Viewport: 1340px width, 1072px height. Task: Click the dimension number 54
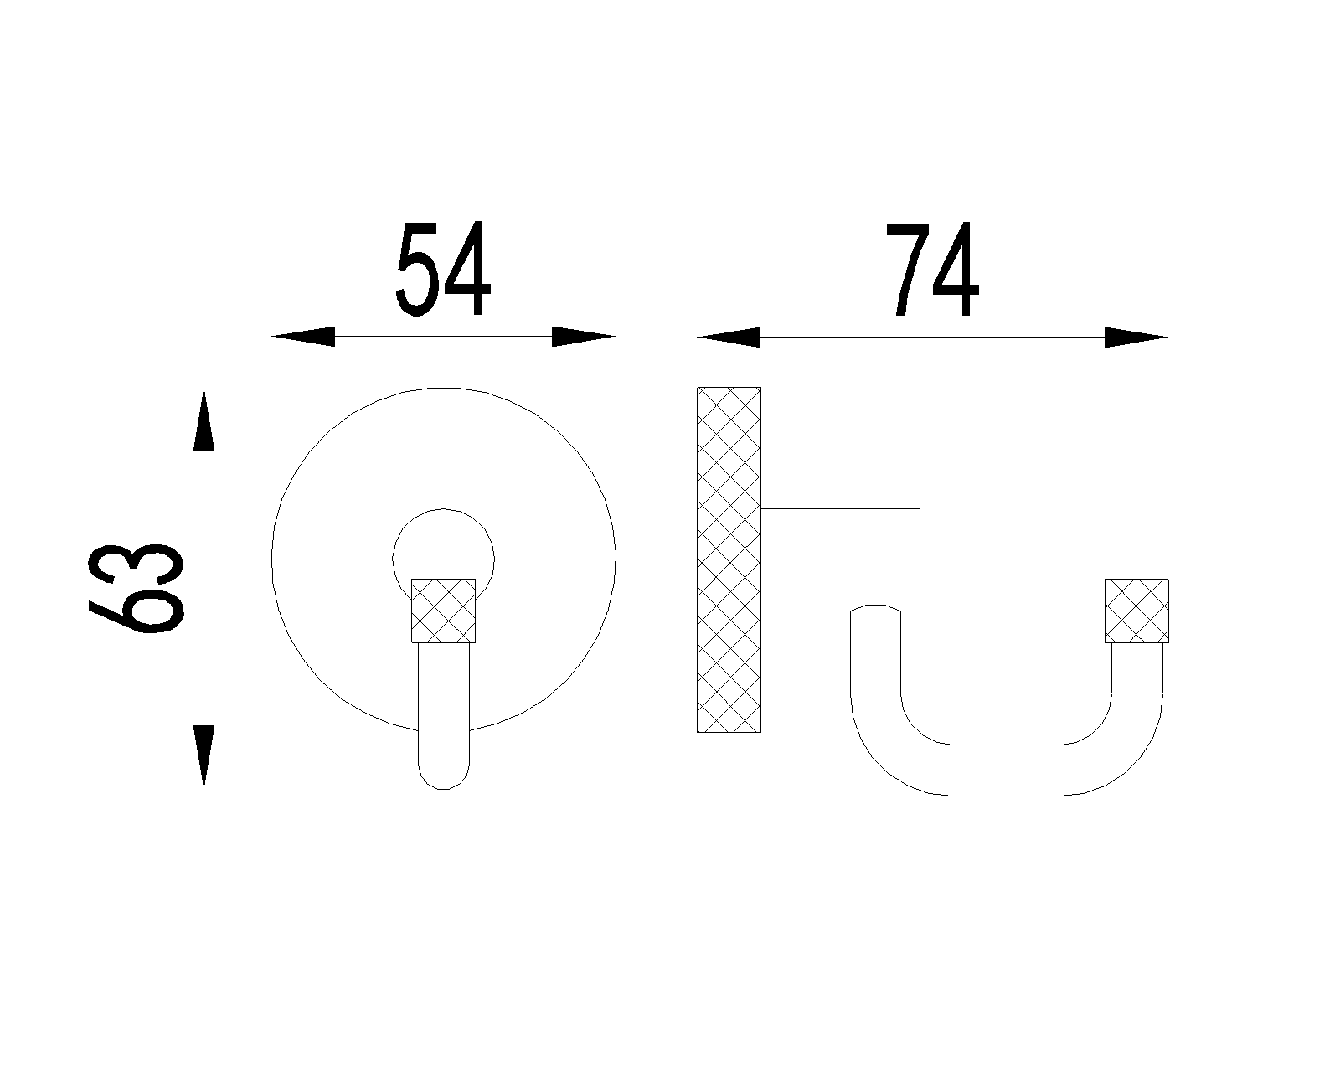[443, 269]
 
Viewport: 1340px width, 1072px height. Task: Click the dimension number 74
[932, 269]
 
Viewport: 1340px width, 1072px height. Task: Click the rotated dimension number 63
[137, 589]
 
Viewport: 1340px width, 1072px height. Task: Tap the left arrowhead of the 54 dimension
[302, 337]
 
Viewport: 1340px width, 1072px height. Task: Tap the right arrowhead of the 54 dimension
[584, 337]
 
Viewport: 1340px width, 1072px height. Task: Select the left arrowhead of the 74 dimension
[729, 337]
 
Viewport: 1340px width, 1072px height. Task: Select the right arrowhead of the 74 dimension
[1136, 337]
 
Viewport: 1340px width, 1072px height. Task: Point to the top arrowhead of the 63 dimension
[204, 420]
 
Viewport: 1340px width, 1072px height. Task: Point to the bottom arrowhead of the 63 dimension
[204, 757]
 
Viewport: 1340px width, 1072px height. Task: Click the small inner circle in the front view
[443, 509]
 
